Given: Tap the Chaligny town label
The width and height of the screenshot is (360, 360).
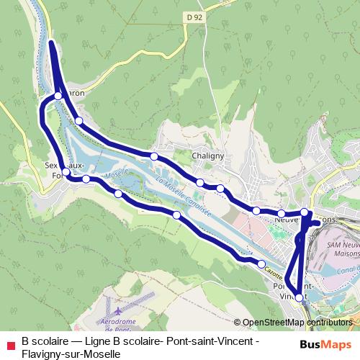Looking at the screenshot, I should click(x=209, y=155).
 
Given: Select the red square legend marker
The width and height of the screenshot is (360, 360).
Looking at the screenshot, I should click(x=9, y=344).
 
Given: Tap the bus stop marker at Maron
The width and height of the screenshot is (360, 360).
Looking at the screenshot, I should click(x=58, y=95).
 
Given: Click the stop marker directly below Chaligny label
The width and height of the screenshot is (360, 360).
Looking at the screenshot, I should click(x=200, y=183).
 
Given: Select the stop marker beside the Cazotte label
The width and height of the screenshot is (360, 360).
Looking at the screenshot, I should click(x=262, y=264).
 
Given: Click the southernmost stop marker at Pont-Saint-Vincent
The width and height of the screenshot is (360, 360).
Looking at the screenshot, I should click(x=300, y=297).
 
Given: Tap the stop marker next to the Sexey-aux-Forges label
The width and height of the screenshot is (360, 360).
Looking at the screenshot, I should click(x=66, y=172).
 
